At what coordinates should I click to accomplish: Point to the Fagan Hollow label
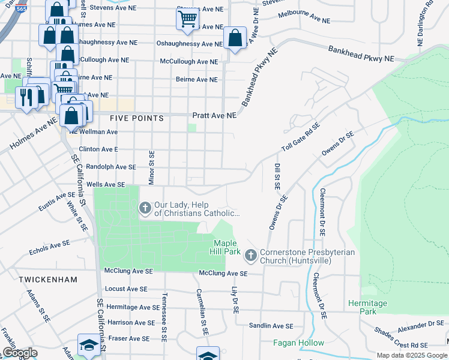click(x=298, y=343)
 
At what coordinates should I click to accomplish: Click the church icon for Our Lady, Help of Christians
click(x=145, y=208)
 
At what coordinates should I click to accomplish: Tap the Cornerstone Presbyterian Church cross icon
click(x=250, y=256)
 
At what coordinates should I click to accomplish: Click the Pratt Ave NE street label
click(x=214, y=115)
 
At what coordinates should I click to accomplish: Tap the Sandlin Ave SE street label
click(x=271, y=326)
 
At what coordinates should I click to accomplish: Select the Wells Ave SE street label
click(x=106, y=185)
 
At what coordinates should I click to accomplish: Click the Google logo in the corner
click(x=20, y=353)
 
